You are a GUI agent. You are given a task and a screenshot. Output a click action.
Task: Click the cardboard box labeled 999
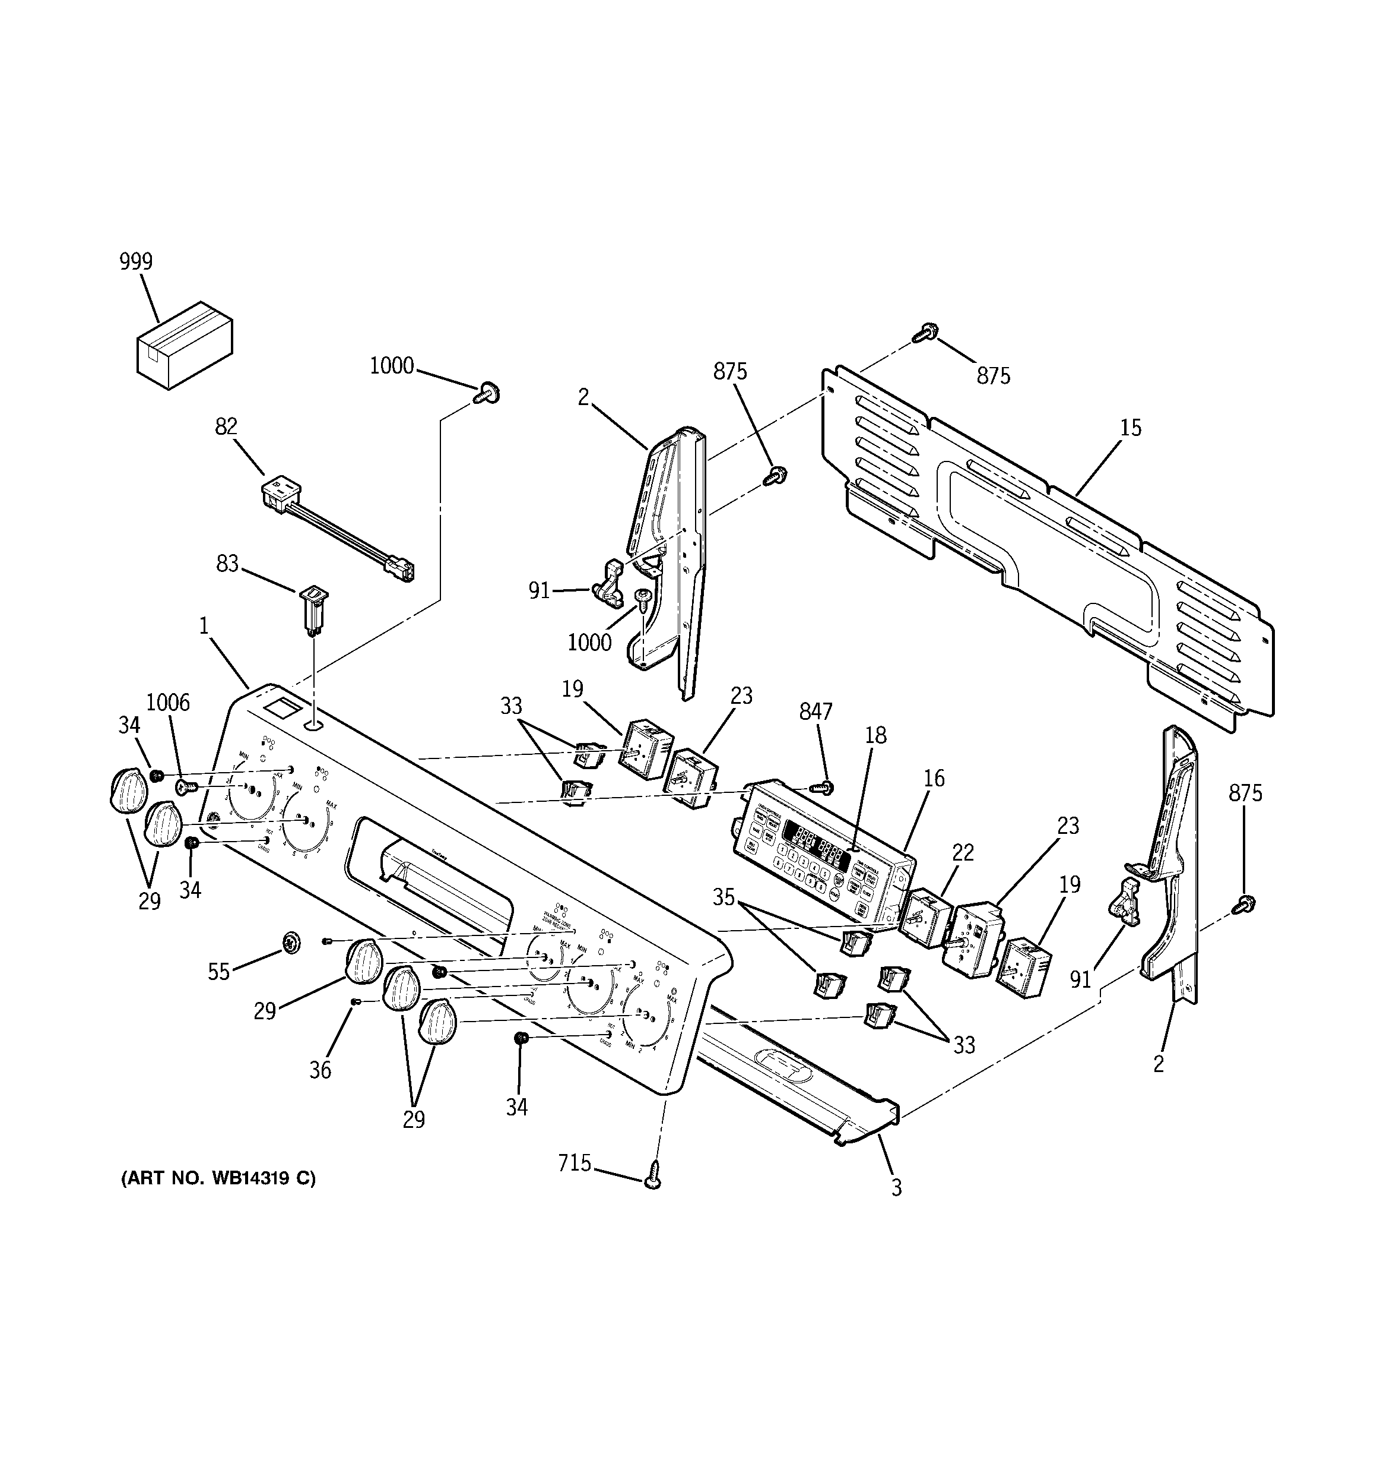point(185,345)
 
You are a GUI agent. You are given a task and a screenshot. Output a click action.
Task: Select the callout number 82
point(226,426)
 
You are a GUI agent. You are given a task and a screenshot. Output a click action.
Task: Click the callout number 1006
point(168,703)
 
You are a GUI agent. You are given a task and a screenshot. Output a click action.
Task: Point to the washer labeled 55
point(291,942)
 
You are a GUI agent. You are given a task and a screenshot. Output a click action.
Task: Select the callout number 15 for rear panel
point(1130,428)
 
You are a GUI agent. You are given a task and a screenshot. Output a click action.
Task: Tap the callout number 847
point(816,712)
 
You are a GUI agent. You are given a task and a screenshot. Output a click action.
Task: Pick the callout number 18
point(876,735)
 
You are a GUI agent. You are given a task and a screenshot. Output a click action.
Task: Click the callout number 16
point(934,778)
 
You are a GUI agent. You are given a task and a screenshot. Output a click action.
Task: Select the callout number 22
point(963,852)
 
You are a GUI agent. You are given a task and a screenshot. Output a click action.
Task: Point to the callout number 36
point(320,1069)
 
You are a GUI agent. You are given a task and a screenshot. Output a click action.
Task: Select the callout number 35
point(724,897)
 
